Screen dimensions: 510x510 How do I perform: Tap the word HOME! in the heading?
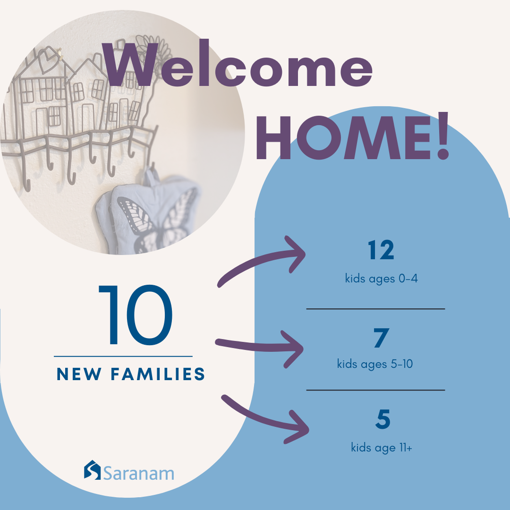(353, 136)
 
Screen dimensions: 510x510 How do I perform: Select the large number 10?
(136, 315)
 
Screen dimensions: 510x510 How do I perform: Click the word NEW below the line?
(79, 374)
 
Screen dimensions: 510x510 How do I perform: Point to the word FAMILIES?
(158, 374)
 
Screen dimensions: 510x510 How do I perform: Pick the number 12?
(381, 250)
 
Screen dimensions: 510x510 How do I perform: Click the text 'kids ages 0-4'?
(381, 279)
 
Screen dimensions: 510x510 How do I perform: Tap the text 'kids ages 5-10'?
(374, 364)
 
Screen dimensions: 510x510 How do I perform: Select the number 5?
(383, 419)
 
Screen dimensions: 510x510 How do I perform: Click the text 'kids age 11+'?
(382, 448)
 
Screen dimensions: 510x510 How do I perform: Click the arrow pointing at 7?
(260, 348)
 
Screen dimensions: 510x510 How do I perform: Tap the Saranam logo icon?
(93, 470)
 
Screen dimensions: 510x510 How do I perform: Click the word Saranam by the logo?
(139, 474)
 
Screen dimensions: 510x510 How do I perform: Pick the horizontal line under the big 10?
(123, 357)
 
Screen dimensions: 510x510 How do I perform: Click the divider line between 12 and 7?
(376, 309)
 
